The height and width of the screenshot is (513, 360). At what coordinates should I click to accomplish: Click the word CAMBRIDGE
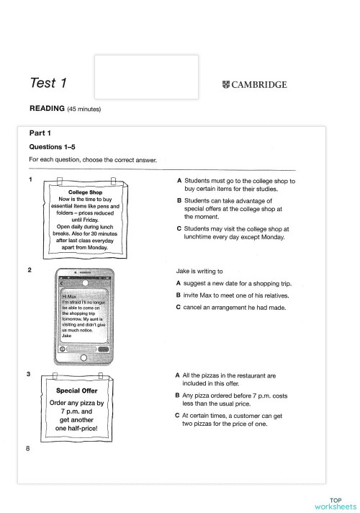point(260,84)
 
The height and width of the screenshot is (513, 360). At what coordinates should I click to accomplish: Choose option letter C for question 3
point(179,414)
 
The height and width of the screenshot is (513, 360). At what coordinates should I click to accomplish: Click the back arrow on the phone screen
point(61,282)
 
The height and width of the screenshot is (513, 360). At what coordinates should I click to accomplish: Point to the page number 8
point(27,450)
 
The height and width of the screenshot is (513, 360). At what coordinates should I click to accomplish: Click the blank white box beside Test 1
point(147,76)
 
